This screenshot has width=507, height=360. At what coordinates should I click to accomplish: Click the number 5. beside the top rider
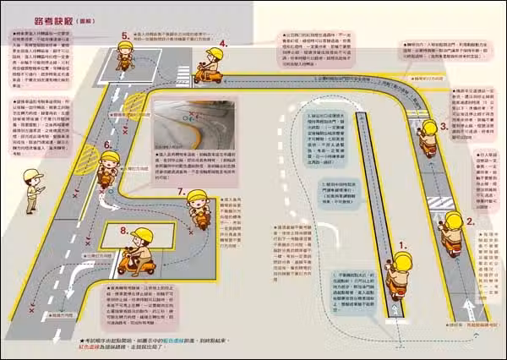pos(125,35)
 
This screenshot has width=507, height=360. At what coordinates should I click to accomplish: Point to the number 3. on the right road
pos(444,127)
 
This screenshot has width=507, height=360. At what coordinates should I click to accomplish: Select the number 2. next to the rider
pos(471,221)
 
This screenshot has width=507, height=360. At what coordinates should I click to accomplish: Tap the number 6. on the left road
pos(107,145)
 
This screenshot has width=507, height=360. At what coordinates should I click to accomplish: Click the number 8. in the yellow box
pos(124,230)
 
